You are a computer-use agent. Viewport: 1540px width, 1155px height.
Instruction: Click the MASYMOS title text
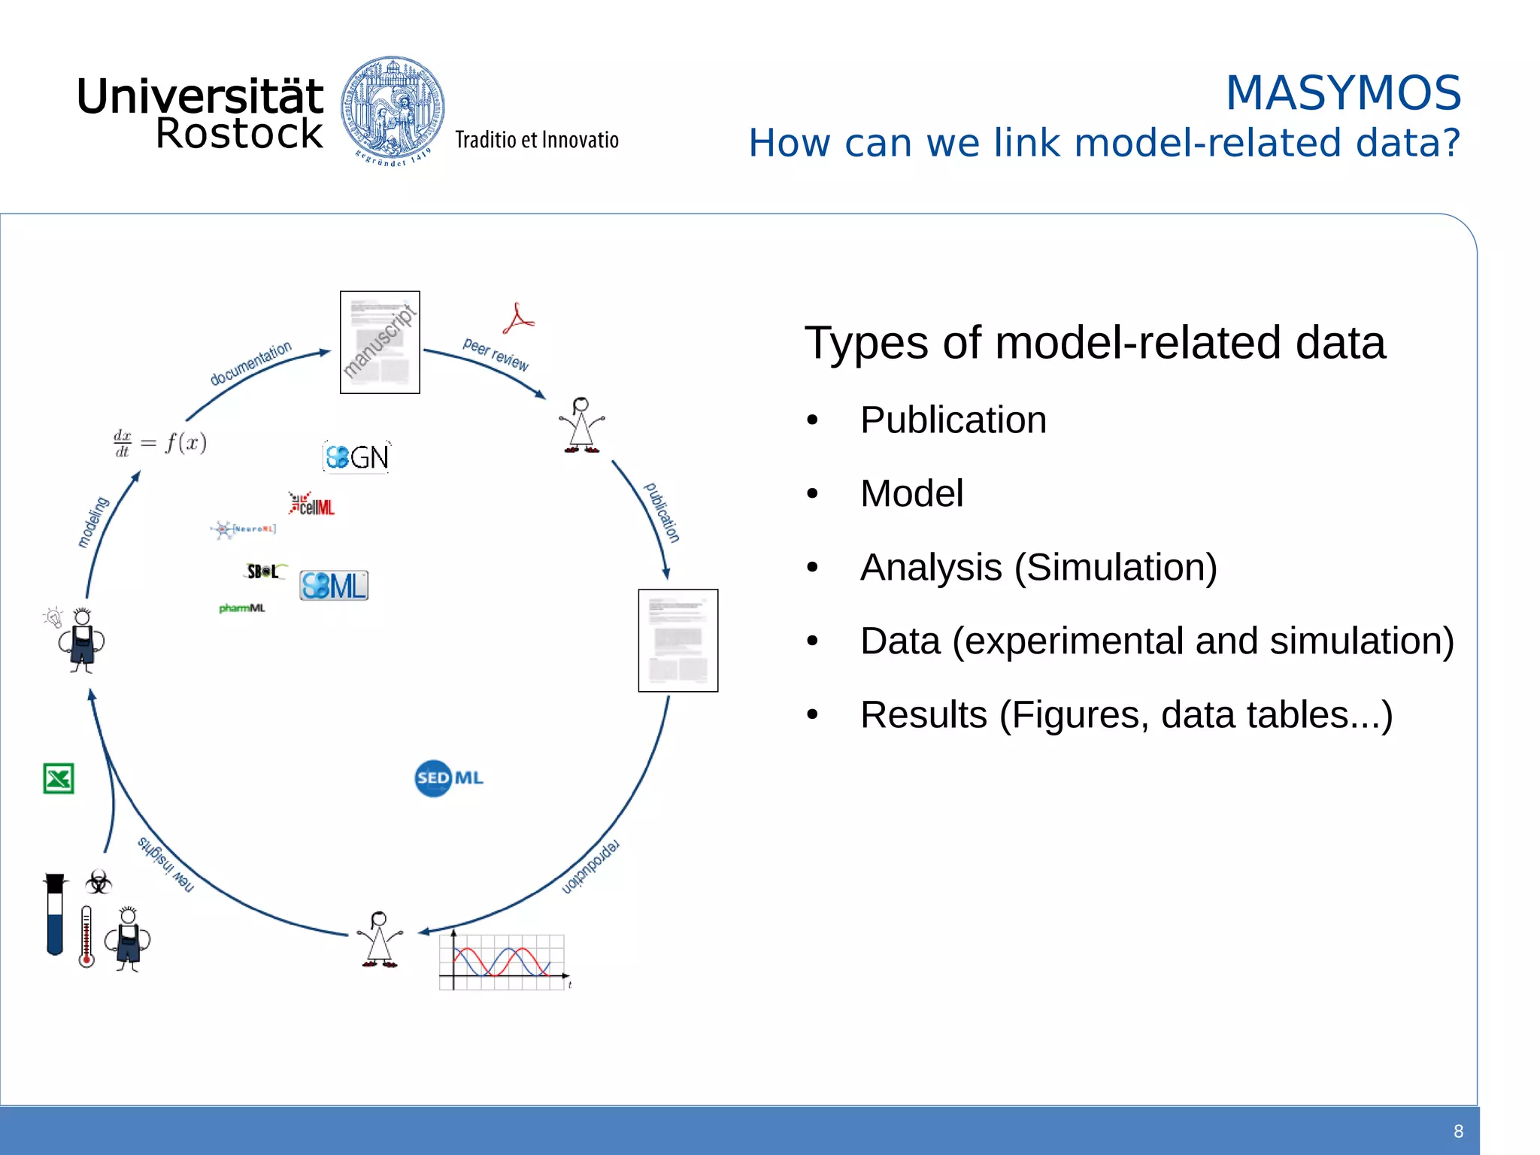pos(1343,93)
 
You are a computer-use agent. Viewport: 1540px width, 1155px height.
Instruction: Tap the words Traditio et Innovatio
pos(537,141)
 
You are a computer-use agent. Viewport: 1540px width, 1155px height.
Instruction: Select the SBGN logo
pos(357,456)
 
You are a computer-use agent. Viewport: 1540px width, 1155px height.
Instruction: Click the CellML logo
pos(312,505)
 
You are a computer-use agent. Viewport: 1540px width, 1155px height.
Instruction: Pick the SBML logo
pos(334,586)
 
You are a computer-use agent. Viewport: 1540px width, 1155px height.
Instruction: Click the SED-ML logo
pos(449,778)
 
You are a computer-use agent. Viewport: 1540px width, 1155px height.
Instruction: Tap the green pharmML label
pos(242,608)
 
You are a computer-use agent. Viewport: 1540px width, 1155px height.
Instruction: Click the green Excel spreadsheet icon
pos(59,779)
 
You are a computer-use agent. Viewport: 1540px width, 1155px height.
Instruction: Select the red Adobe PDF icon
pos(518,320)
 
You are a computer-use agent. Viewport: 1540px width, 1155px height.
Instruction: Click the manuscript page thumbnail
pos(380,342)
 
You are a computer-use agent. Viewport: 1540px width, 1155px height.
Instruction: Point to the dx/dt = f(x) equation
pos(160,443)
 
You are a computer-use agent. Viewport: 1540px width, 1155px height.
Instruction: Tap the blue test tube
pos(55,914)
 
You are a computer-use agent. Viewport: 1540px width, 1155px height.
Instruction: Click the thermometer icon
pos(86,936)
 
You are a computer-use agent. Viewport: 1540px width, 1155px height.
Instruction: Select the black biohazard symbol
pos(99,882)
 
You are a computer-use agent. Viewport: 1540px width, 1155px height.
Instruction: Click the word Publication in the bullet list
pos(953,420)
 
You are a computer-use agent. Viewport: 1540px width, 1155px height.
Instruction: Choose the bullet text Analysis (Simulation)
pos(1038,568)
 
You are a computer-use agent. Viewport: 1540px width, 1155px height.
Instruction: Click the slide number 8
pos(1458,1132)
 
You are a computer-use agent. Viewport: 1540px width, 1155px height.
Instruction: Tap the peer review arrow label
pos(496,354)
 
